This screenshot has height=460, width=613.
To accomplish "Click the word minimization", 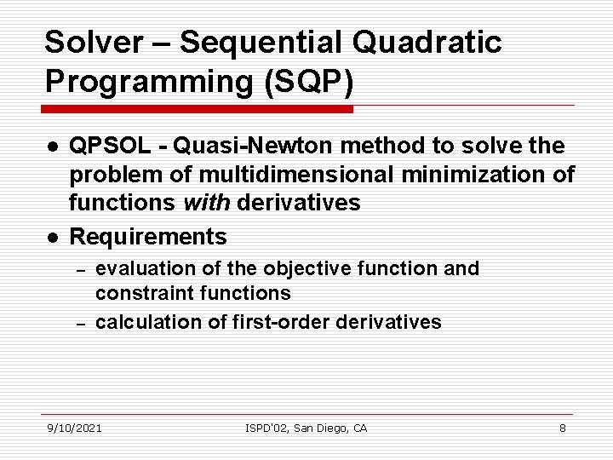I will click(x=478, y=175).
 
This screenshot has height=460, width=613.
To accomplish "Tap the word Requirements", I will click(x=148, y=236).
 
